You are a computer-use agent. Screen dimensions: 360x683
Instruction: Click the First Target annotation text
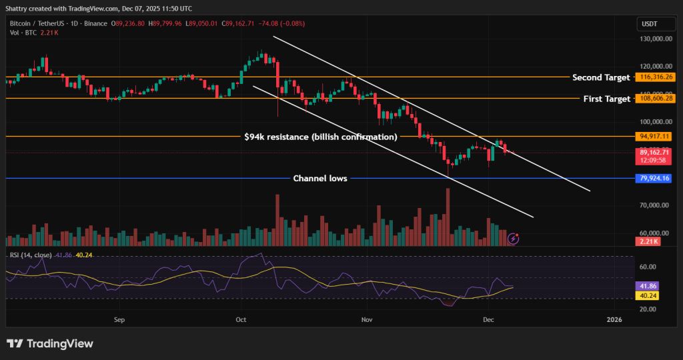[x=607, y=99]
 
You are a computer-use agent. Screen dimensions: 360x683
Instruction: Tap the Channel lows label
[x=320, y=179]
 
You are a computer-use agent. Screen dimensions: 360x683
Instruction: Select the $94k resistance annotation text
[x=321, y=137]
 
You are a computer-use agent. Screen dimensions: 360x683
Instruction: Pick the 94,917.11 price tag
[x=653, y=136]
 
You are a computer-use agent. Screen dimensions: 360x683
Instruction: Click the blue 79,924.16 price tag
[x=653, y=179]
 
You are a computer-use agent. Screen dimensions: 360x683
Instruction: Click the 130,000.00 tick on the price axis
[x=653, y=39]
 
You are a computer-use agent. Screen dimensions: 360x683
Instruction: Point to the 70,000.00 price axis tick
[x=654, y=205]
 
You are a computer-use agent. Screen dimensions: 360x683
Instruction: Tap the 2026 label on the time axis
[x=614, y=320]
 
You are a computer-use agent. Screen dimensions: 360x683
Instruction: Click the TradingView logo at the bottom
[x=49, y=343]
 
